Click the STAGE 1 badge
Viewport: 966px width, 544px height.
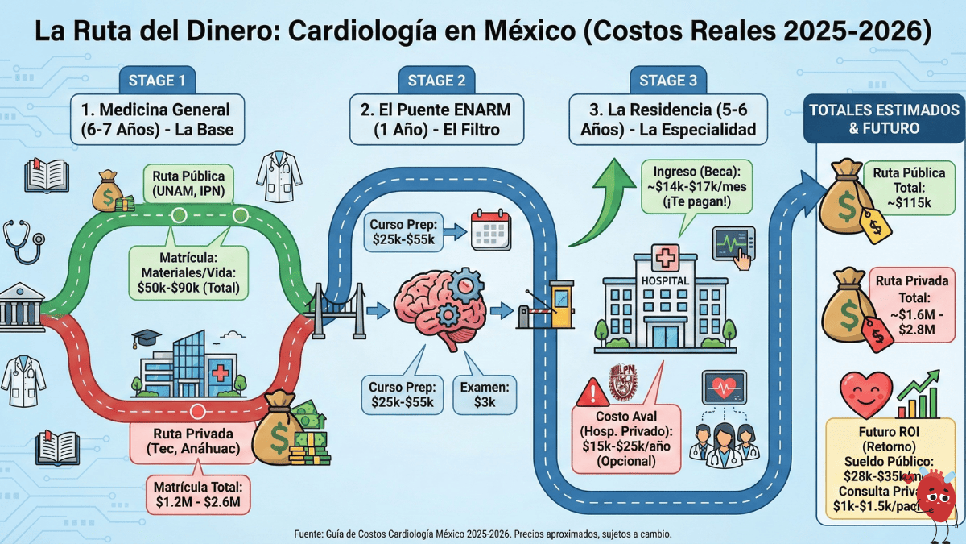(157, 80)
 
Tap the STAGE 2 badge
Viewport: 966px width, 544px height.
(436, 80)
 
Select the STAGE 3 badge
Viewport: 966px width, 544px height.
(668, 80)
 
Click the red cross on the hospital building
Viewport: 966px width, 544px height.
(664, 260)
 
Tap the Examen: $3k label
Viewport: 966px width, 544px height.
(486, 393)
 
